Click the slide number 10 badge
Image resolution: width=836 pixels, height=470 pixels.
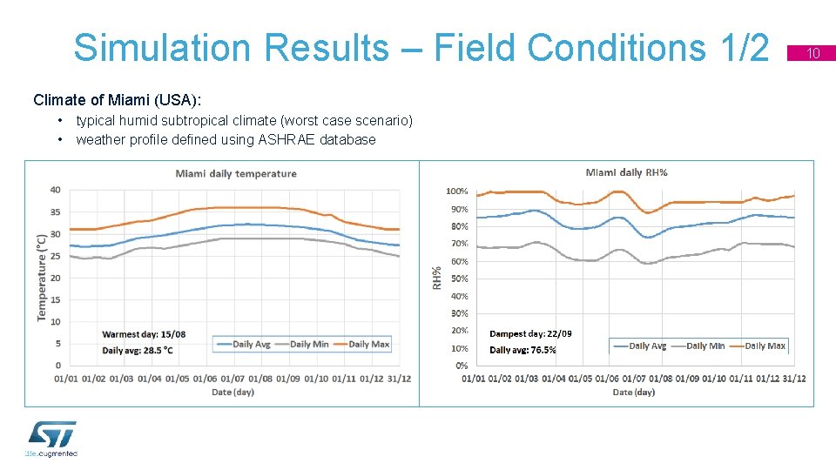tap(813, 54)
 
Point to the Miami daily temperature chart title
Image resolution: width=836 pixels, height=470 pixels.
tap(236, 173)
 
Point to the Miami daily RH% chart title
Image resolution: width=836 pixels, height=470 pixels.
tap(627, 172)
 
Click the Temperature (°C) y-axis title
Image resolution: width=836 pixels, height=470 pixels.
tap(41, 277)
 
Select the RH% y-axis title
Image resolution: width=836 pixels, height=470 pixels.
tap(437, 278)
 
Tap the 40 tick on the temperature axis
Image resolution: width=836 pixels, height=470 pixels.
tap(55, 190)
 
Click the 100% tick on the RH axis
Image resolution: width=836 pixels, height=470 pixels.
tap(456, 191)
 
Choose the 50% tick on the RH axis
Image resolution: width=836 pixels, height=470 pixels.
tap(459, 279)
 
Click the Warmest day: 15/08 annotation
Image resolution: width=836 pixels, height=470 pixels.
tap(144, 333)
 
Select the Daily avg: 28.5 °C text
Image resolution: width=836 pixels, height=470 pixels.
tap(138, 350)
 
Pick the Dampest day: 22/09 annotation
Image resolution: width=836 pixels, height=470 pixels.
tap(530, 333)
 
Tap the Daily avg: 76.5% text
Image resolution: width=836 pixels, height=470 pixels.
tap(522, 350)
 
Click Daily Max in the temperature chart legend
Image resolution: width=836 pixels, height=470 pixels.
tap(368, 345)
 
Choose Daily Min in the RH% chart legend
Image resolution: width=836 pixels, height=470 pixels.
tap(705, 346)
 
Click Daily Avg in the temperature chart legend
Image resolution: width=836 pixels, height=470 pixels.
tap(251, 345)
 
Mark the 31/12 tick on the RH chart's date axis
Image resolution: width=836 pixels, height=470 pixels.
tap(793, 379)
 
